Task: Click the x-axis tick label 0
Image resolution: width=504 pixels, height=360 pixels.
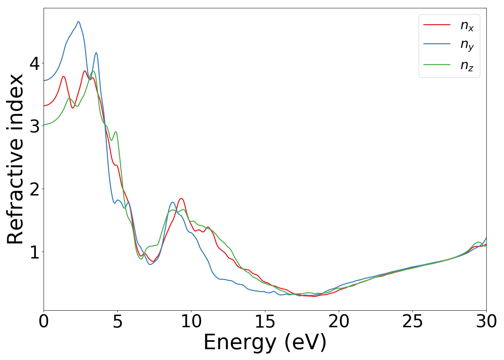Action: click(44, 321)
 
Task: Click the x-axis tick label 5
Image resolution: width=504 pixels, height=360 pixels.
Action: click(117, 321)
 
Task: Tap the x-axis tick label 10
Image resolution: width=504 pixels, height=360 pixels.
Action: click(191, 321)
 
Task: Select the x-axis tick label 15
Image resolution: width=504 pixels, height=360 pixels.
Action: click(265, 321)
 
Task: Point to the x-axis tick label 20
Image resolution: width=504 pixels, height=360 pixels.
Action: click(339, 321)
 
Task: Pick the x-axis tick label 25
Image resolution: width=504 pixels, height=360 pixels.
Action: click(413, 321)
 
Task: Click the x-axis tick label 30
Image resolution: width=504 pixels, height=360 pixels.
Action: click(486, 321)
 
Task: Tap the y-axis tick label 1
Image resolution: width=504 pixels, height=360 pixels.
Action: click(35, 252)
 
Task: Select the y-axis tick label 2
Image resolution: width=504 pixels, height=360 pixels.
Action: click(35, 189)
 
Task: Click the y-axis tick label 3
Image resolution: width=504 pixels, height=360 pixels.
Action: click(35, 126)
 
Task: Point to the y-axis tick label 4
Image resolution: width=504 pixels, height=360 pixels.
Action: click(35, 64)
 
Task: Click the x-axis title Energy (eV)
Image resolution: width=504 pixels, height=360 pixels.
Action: click(265, 342)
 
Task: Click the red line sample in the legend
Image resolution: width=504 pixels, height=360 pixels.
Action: click(437, 24)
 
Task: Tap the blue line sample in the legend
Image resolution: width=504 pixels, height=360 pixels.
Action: click(437, 44)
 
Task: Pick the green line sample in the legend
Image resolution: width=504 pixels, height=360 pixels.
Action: click(437, 64)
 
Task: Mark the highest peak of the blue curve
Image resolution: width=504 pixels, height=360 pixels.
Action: click(78, 22)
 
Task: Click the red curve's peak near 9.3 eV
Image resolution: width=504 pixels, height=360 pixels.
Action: click(181, 198)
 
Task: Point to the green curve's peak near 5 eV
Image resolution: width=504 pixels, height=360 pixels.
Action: click(115, 132)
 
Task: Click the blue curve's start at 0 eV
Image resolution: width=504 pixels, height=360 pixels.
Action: click(44, 80)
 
